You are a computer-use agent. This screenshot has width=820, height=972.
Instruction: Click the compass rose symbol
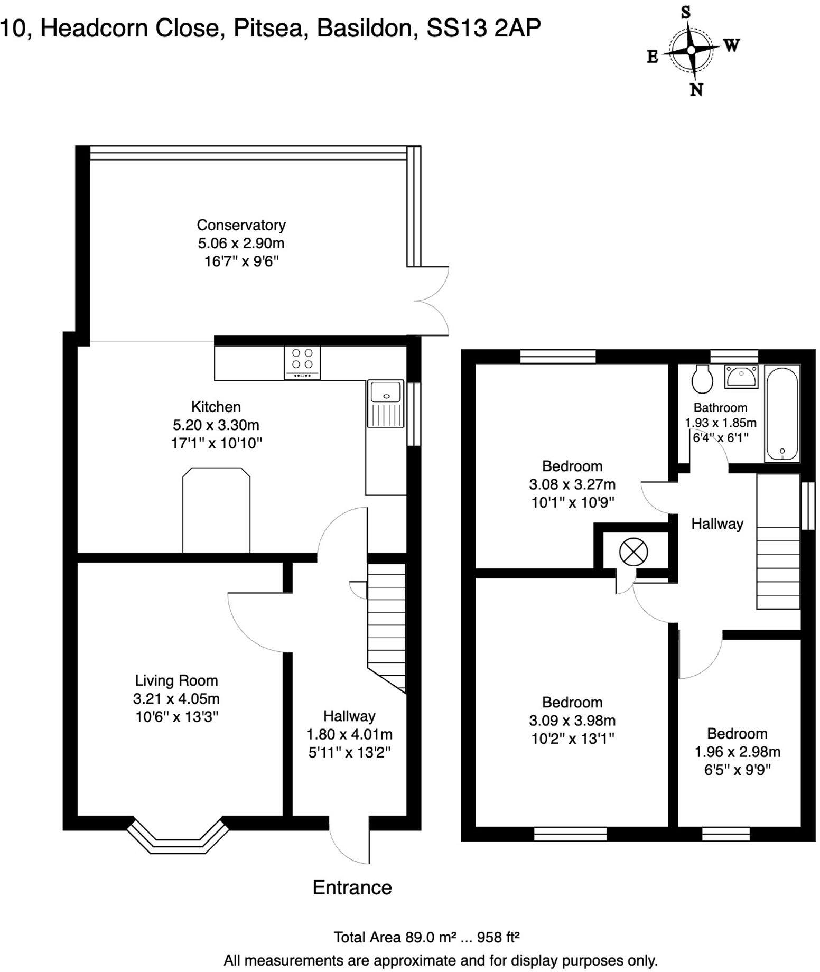(691, 50)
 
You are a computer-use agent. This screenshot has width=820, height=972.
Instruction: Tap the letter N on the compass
(696, 89)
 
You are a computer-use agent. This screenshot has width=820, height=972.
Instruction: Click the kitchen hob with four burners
(302, 362)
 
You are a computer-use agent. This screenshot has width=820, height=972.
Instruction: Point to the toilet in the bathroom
(703, 379)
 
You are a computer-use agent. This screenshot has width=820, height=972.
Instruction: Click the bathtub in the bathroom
(782, 415)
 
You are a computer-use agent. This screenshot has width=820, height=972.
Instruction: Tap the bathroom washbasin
(741, 376)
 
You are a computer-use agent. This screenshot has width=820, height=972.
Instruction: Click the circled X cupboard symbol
(633, 552)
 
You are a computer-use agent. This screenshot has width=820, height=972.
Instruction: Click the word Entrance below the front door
(352, 887)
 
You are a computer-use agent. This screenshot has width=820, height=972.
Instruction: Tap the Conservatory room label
(241, 225)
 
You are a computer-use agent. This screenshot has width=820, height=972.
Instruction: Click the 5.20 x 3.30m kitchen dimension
(216, 425)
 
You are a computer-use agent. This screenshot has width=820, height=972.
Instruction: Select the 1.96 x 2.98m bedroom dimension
(737, 751)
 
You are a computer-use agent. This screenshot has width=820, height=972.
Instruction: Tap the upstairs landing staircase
(778, 541)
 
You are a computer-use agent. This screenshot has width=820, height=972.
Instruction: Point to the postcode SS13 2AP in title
(483, 28)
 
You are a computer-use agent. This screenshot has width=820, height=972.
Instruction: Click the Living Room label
(176, 680)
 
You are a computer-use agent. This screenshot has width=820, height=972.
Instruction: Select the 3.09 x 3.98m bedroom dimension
(572, 720)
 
